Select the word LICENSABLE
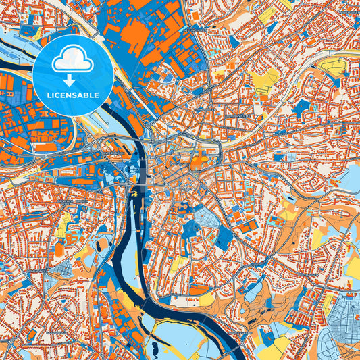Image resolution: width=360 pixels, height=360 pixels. point(73,95)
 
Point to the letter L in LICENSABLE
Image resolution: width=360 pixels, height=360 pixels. point(49,95)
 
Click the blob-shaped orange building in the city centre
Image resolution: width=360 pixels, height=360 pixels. point(199,161)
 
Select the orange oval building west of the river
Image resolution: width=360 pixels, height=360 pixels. point(59,250)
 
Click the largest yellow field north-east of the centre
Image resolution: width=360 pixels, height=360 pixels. point(267,78)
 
